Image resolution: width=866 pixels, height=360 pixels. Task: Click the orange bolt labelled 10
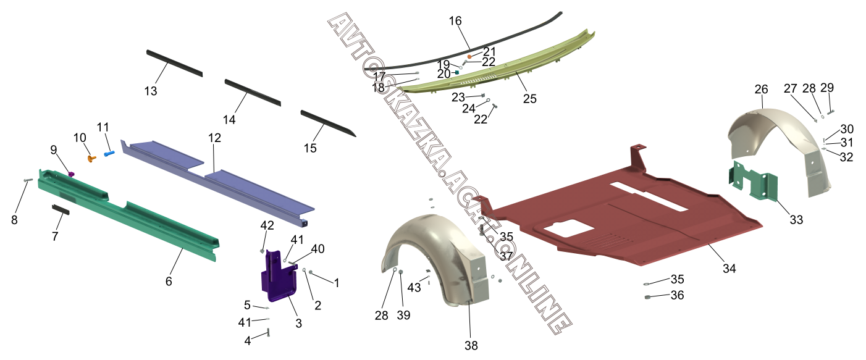click(x=92, y=158)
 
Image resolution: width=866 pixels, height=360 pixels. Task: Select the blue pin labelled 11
click(x=109, y=154)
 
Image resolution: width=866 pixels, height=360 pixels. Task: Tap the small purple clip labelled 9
click(x=71, y=174)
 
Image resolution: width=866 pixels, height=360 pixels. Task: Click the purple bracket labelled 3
click(x=277, y=276)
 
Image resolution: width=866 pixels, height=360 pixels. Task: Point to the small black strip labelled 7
click(x=61, y=209)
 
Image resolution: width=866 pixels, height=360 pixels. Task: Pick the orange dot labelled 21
click(x=469, y=57)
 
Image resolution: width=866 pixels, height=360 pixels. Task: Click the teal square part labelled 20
click(x=457, y=72)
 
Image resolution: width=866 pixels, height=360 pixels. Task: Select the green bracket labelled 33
click(x=753, y=181)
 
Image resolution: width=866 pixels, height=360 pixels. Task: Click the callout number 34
click(x=729, y=269)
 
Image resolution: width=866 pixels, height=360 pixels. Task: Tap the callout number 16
click(x=455, y=21)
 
